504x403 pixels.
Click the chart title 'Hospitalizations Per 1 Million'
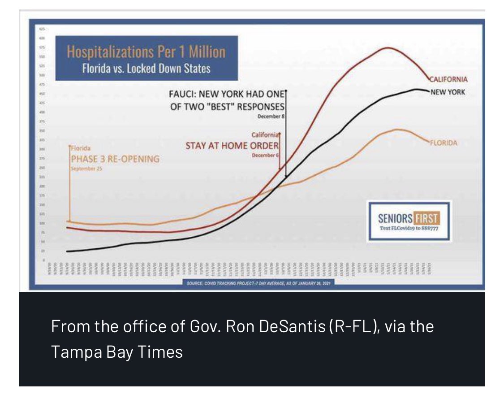coord(146,52)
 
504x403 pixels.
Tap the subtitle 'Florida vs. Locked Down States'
coord(146,69)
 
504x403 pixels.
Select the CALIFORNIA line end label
coord(448,79)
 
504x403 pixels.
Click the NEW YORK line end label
coord(448,92)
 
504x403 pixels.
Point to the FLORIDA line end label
coord(444,143)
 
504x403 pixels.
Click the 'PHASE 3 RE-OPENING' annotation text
coord(115,159)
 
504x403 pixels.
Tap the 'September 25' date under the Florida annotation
coord(86,169)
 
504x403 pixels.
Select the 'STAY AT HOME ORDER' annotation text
coord(232,145)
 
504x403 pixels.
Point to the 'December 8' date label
coord(271,117)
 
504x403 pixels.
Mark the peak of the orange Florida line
coord(396,130)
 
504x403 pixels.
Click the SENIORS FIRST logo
coord(409,219)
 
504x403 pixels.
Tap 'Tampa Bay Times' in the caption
coord(116,352)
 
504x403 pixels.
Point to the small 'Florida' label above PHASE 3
coord(82,148)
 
